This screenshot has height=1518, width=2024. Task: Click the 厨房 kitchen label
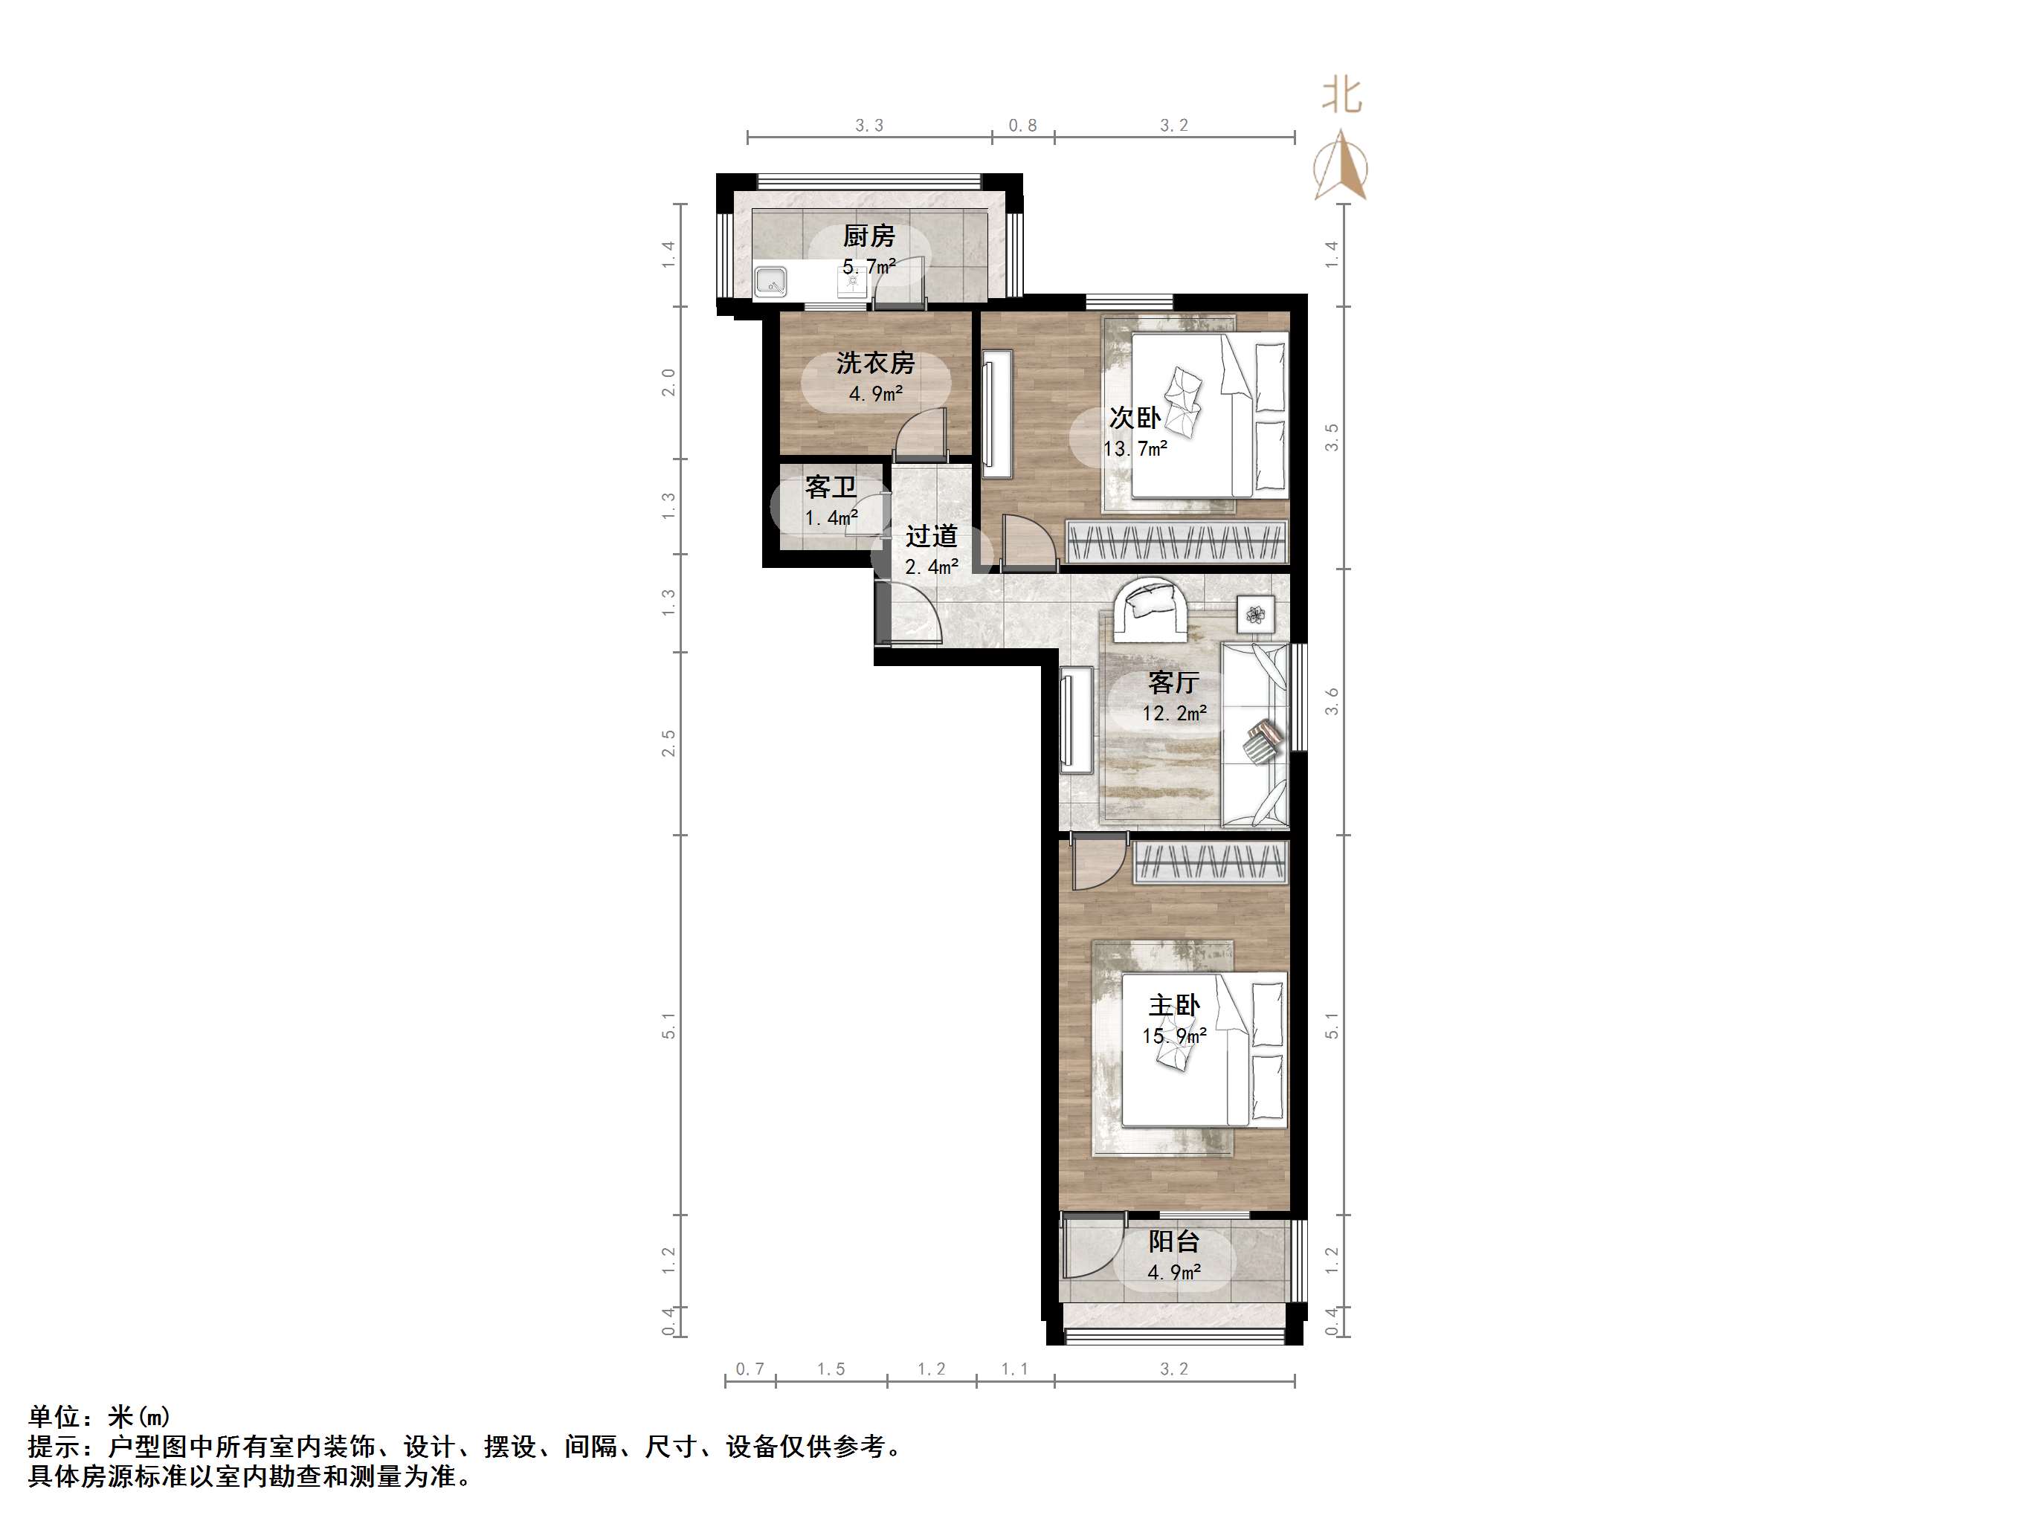(x=868, y=236)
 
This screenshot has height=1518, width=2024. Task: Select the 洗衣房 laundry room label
(x=874, y=364)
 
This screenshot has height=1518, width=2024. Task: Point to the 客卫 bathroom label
(x=830, y=487)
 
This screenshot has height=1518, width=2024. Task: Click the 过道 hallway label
(x=932, y=536)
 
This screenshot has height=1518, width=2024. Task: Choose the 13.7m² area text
(x=1135, y=449)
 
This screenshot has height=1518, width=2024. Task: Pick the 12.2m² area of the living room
(x=1174, y=713)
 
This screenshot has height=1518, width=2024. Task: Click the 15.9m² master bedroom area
(x=1174, y=1036)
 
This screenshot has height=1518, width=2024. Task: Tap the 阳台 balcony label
(x=1174, y=1241)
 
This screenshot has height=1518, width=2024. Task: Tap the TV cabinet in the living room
(x=1077, y=718)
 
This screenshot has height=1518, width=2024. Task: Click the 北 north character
(x=1341, y=96)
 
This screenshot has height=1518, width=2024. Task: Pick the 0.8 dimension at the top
(x=1022, y=126)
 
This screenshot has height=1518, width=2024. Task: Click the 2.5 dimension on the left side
(x=669, y=742)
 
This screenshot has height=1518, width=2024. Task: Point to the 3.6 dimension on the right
(x=1332, y=702)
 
